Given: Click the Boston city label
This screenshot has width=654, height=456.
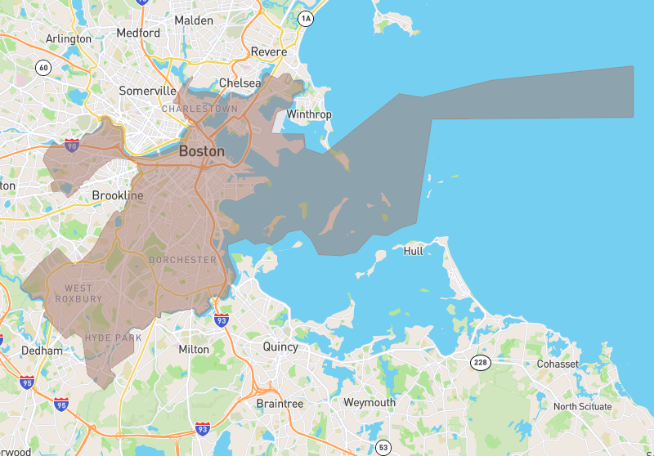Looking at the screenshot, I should pos(201,151).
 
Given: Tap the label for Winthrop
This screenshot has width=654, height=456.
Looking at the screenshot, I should pos(309,114).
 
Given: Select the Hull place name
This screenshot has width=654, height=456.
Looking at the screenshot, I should pos(414,251).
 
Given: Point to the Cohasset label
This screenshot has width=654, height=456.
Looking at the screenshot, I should pos(558,364).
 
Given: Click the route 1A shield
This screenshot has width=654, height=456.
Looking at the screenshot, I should pos(306,18).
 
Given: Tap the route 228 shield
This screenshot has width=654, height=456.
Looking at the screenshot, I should pos(480,361).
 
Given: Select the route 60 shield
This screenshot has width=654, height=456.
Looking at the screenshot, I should pos(44,67).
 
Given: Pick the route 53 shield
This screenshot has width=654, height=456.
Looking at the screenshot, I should pos(383,446).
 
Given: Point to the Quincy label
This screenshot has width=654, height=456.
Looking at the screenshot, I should pos(280,346).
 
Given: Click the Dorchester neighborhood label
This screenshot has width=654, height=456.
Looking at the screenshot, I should pos(182,260).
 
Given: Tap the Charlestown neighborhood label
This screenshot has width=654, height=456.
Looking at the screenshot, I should pos(199,109).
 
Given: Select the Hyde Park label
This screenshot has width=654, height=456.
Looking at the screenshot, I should pos(113,338).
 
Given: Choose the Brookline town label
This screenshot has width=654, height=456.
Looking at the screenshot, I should pos(118,196).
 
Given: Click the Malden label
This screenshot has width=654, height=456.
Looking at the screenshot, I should pos(194,20).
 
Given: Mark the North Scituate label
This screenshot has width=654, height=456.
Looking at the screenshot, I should pos(587,407).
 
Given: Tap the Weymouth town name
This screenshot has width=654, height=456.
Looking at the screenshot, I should pos(370,403).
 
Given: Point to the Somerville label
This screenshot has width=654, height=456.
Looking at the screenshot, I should pos(148,91).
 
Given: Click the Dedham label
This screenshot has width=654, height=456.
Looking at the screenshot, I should pos(42,351).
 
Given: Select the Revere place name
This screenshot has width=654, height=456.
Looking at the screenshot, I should pos(269,51).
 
